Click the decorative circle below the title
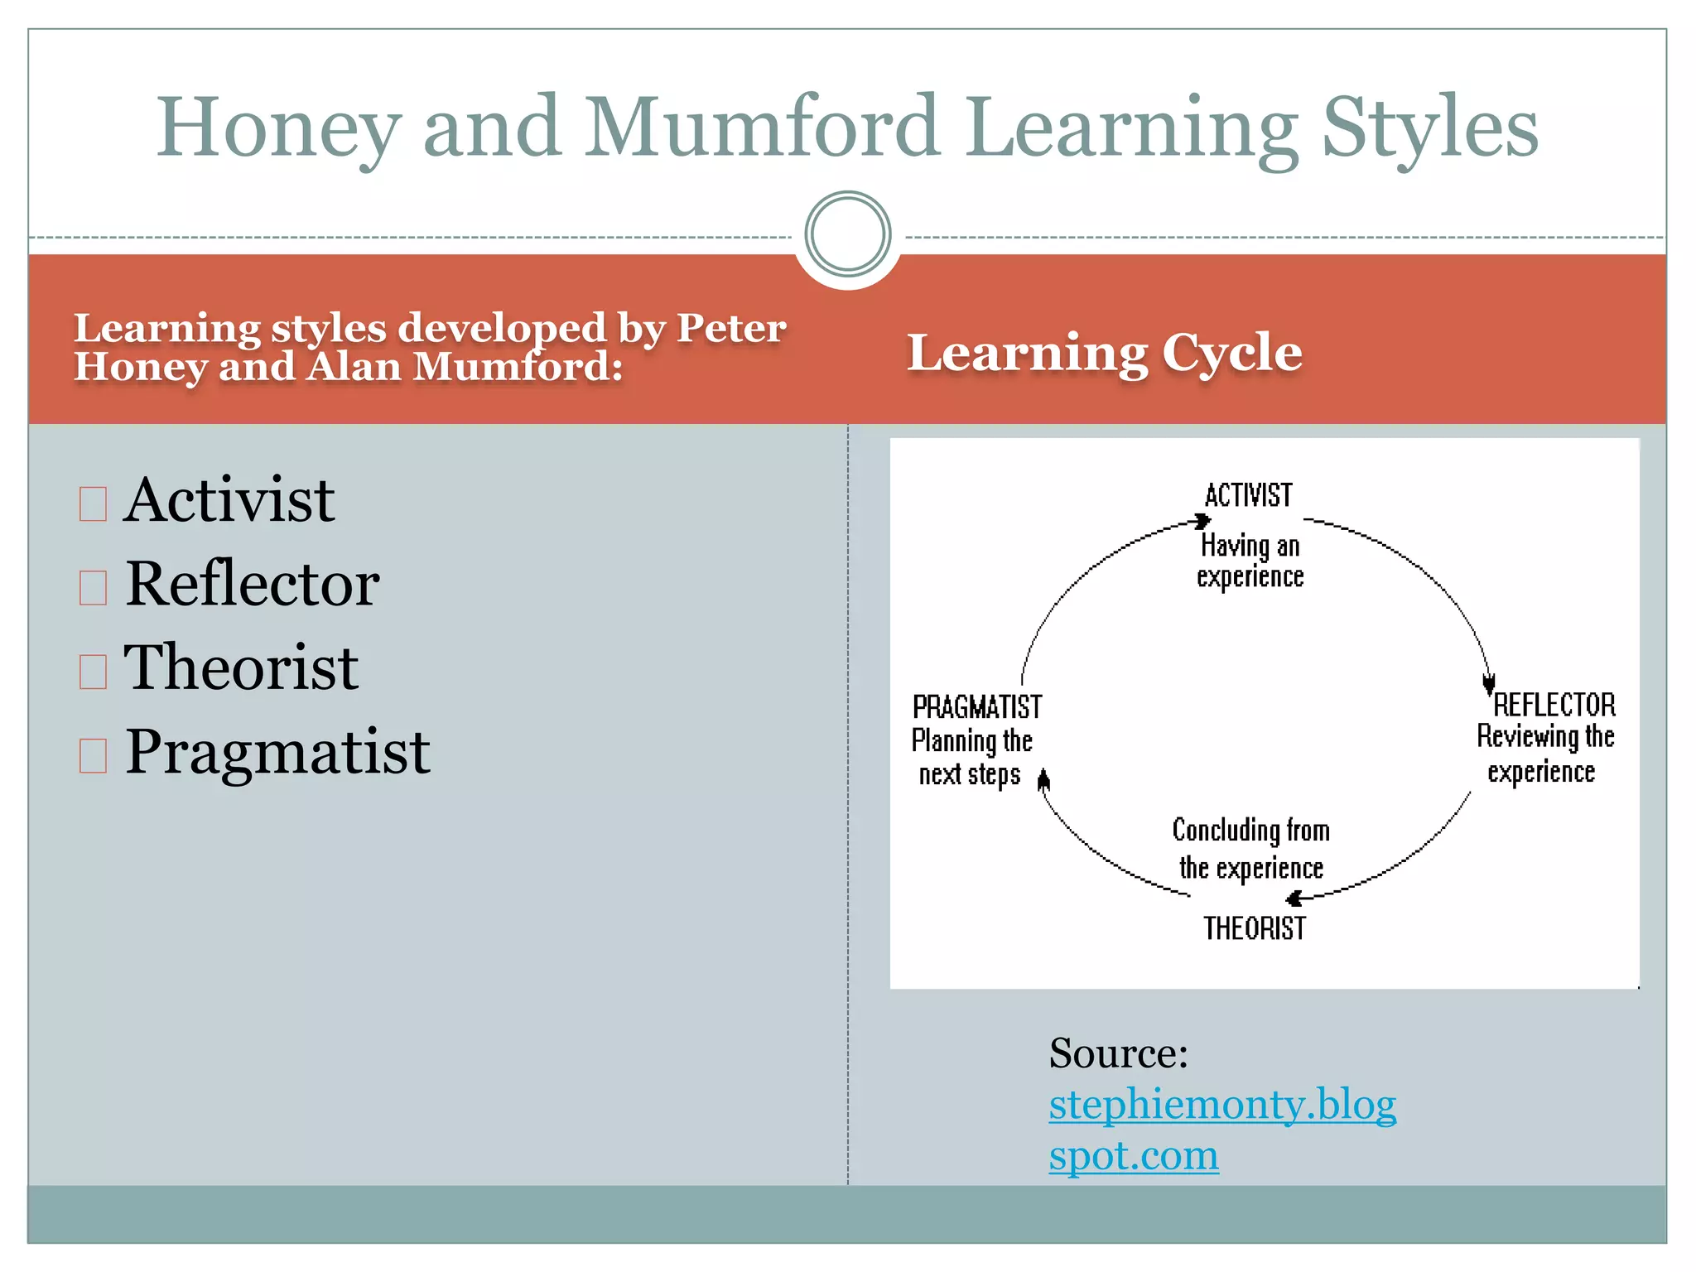(847, 234)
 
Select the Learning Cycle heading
(1104, 353)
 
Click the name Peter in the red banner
(731, 328)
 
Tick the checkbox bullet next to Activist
(93, 503)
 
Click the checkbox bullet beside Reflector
(93, 587)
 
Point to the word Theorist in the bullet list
(241, 667)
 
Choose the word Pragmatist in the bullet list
(277, 752)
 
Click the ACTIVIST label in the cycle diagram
(1248, 495)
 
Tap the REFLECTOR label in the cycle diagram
(1554, 705)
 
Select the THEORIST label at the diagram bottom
(1254, 928)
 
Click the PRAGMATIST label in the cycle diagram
(976, 707)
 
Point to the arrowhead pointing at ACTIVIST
(1202, 521)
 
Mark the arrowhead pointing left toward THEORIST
(1294, 899)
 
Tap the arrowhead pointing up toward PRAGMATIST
(1043, 779)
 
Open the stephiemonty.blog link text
(1222, 1105)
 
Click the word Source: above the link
(1118, 1053)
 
